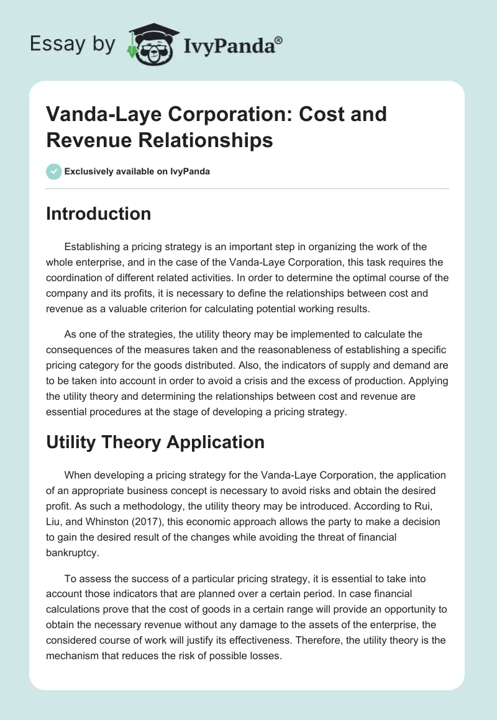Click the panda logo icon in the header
tap(148, 43)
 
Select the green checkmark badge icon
tap(53, 171)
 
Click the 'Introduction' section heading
tap(99, 214)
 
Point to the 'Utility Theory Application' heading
tap(155, 442)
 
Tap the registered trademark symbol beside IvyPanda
tap(279, 40)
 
